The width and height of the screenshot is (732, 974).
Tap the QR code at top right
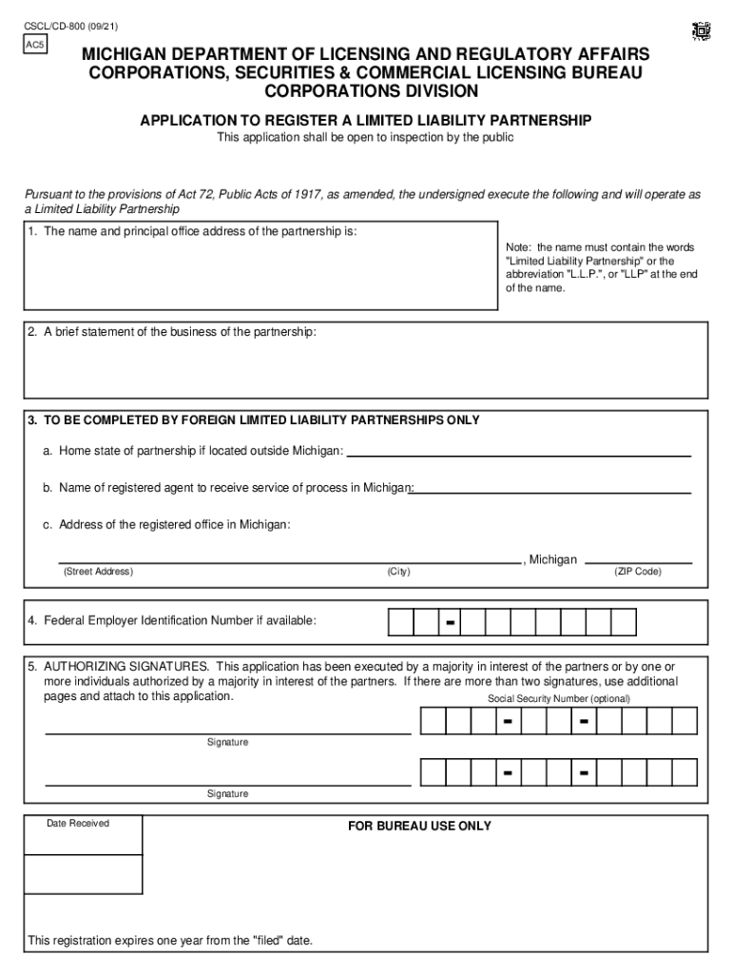pos(701,30)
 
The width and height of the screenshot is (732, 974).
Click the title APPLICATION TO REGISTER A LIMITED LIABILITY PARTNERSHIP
pos(366,120)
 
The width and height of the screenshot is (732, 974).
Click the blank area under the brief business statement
pos(366,371)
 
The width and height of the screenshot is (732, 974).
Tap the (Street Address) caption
pos(98,572)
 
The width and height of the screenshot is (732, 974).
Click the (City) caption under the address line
pos(398,572)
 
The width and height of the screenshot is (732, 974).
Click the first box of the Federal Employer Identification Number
pos(401,622)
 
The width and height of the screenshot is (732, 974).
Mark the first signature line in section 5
pos(228,731)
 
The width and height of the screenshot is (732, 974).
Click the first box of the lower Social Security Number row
pos(433,771)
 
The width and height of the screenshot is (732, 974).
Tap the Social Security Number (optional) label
pos(559,699)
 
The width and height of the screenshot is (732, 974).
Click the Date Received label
pos(78,824)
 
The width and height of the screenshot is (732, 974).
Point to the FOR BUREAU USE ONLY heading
pos(419,826)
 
